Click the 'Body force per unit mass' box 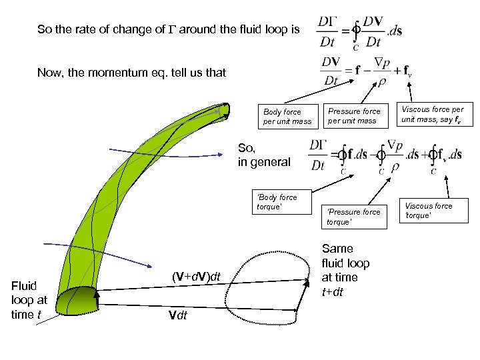(x=287, y=117)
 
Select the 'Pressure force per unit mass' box (x=353, y=116)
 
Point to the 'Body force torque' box (x=277, y=201)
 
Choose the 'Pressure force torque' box (x=353, y=216)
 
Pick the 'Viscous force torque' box (x=429, y=211)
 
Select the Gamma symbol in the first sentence (x=171, y=29)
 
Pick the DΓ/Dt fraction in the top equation (x=327, y=31)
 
